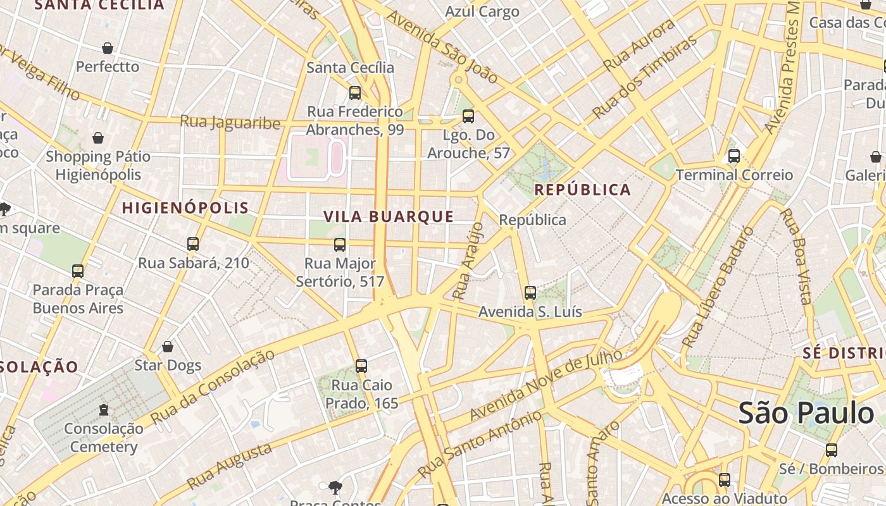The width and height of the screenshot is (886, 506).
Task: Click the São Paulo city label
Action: click(x=806, y=414)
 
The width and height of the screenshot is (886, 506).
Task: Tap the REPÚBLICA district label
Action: click(x=582, y=190)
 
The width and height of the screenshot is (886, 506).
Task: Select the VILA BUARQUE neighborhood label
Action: click(x=389, y=217)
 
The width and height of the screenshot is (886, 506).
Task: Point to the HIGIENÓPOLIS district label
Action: click(x=185, y=208)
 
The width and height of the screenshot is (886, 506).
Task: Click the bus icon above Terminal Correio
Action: click(x=734, y=156)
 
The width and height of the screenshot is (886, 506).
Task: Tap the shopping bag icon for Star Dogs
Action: click(x=168, y=347)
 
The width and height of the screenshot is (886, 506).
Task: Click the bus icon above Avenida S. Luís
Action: click(x=530, y=293)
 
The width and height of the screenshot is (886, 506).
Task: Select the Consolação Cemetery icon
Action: click(x=104, y=410)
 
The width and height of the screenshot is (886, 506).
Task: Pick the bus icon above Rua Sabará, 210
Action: click(x=193, y=244)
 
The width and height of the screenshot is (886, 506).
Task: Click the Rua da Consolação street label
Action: click(x=214, y=386)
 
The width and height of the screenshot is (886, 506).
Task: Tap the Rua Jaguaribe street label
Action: click(x=230, y=122)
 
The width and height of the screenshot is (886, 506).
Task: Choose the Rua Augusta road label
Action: click(x=230, y=467)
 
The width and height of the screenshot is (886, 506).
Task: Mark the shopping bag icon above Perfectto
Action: click(x=108, y=48)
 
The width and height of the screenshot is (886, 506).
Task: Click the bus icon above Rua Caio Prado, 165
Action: click(x=361, y=366)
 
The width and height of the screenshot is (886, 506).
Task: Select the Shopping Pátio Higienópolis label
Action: click(x=98, y=165)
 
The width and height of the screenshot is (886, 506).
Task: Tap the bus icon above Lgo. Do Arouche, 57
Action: click(x=468, y=116)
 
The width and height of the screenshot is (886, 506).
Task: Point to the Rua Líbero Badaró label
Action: click(x=718, y=288)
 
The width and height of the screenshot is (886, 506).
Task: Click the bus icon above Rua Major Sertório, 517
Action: click(x=340, y=244)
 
